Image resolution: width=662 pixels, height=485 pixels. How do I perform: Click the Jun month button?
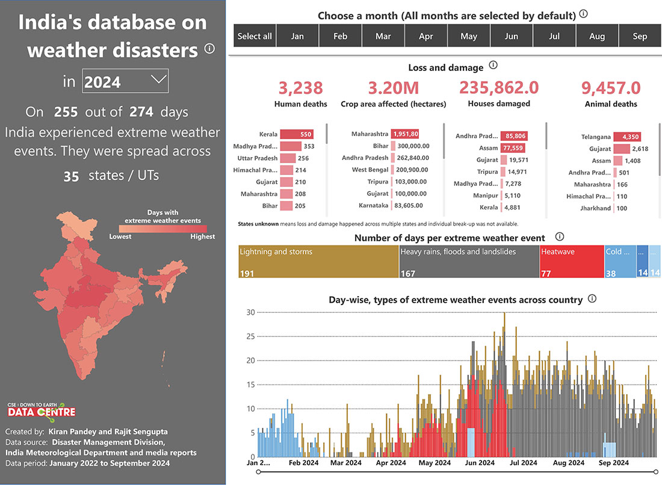tap(512, 36)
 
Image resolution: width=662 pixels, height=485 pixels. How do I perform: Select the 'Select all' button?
tap(255, 36)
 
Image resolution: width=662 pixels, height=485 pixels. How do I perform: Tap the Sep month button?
tap(640, 36)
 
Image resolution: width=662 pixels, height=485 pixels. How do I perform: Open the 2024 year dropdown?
tap(125, 81)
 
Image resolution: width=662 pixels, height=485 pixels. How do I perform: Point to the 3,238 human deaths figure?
tap(300, 88)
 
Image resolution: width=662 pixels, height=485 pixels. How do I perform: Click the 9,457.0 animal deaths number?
tap(611, 88)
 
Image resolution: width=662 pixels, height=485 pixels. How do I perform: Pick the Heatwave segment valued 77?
tap(572, 261)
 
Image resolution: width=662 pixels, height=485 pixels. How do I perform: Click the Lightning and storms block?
tap(318, 261)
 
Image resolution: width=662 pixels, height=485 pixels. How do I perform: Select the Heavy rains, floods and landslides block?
tap(469, 261)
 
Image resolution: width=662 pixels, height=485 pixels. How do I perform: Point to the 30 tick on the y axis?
tap(251, 312)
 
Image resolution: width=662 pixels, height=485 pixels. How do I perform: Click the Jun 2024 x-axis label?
tap(479, 463)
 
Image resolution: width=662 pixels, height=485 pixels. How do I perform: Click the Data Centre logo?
tap(42, 410)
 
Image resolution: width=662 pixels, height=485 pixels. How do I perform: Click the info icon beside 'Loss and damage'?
tap(493, 66)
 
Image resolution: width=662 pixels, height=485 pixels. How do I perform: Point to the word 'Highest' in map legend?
tap(202, 236)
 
